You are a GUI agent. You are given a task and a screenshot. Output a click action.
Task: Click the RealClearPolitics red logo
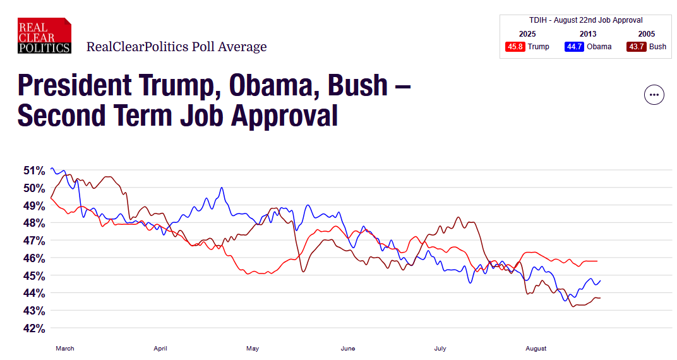[44, 37]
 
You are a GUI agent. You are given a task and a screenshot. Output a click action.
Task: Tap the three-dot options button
[654, 95]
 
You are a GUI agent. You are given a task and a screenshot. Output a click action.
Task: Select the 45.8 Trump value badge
[516, 47]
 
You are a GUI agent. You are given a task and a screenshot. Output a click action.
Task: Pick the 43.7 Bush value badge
[637, 47]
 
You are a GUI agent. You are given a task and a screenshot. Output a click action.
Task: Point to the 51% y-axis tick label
[34, 171]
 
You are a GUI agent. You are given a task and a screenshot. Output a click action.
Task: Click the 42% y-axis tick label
[34, 328]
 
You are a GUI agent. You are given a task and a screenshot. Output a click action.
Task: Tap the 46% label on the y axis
[34, 258]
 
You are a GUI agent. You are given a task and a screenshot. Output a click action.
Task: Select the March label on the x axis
[65, 348]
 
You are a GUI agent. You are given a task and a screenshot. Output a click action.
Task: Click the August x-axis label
[536, 348]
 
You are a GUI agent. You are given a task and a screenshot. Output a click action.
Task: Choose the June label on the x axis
[348, 348]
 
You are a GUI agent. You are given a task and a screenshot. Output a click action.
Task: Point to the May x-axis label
[253, 348]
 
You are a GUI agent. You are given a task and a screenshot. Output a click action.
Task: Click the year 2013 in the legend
[587, 34]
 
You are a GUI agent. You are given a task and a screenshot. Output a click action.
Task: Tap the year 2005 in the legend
[647, 34]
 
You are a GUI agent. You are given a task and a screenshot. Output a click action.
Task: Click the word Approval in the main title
[282, 116]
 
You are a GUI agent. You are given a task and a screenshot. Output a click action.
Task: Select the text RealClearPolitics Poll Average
[176, 47]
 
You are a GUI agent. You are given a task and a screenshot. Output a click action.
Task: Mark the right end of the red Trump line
[597, 261]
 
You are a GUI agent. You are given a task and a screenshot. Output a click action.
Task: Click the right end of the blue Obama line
[600, 280]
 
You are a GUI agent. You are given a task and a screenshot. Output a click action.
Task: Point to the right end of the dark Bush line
[600, 297]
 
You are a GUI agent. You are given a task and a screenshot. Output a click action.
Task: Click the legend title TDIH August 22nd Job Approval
[586, 20]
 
